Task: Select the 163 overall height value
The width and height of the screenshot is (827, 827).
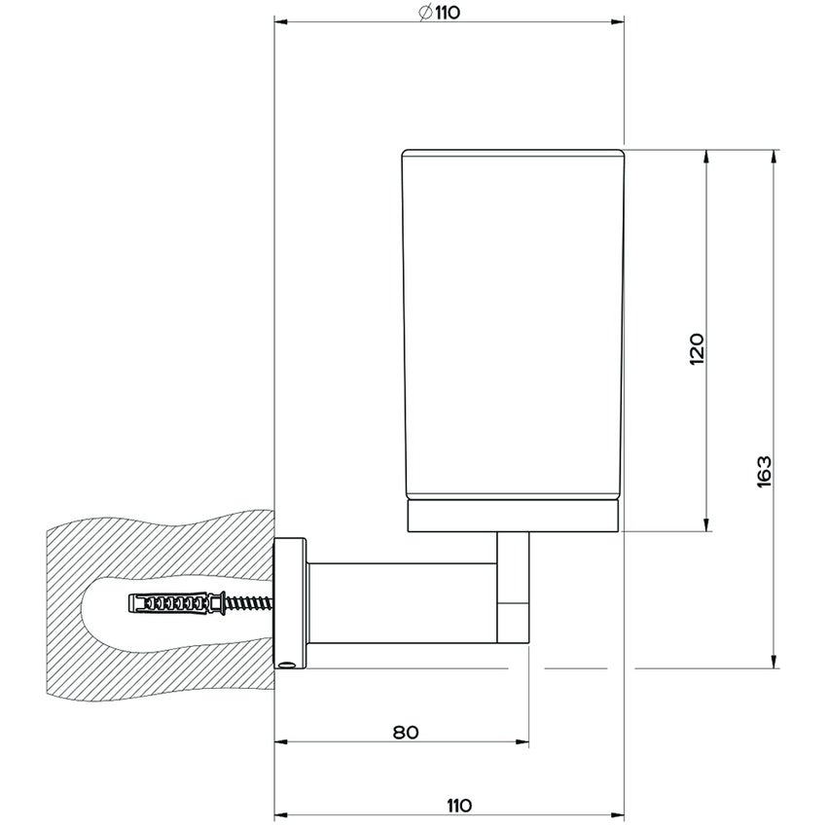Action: [x=764, y=472]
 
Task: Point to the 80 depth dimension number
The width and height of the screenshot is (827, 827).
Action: [x=407, y=732]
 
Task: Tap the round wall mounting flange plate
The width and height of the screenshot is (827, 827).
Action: [x=290, y=603]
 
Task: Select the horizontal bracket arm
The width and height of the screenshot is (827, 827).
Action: [x=399, y=603]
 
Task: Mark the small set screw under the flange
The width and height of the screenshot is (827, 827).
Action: [x=287, y=665]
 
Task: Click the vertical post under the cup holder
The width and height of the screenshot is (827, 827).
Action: [x=514, y=589]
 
